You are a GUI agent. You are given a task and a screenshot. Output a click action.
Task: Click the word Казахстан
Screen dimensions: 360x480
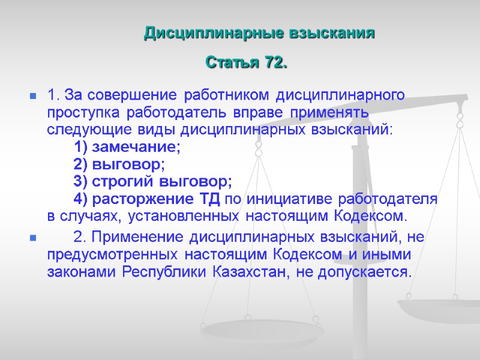(x=247, y=272)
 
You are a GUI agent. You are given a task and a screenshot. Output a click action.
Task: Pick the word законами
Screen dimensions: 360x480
(x=82, y=272)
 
